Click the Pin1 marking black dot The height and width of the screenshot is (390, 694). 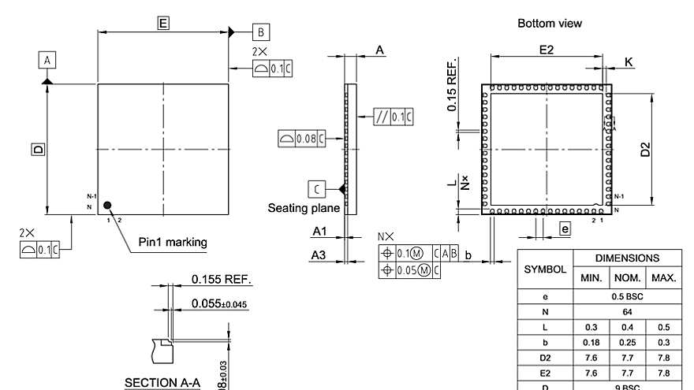[x=108, y=205]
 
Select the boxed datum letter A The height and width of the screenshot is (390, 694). [x=47, y=60]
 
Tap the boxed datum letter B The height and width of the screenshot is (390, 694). [x=261, y=32]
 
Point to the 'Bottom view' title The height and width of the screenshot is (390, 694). [x=550, y=24]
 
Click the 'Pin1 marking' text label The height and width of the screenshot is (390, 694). [x=173, y=242]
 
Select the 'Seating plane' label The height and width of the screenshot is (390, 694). [x=304, y=209]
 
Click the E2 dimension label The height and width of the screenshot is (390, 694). [x=546, y=50]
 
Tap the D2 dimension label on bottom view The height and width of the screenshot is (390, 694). [x=645, y=150]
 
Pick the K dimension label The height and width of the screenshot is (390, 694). [x=628, y=61]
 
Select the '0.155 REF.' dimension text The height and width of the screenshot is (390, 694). [x=222, y=279]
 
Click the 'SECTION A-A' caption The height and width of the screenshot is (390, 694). [x=162, y=383]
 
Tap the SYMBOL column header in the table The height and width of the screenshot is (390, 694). [x=546, y=269]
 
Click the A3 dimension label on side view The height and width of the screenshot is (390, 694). [x=319, y=254]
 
